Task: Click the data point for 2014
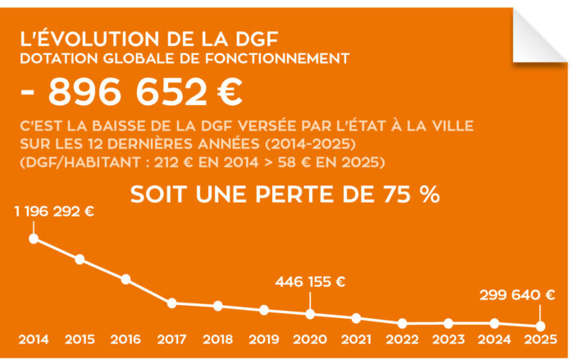[34, 239]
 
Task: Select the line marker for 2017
[172, 303]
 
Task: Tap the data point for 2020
[310, 313]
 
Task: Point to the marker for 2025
[540, 326]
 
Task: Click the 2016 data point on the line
[126, 279]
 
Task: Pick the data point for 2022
[402, 323]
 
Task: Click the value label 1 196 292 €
[54, 211]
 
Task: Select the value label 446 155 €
[310, 281]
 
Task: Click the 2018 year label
[217, 339]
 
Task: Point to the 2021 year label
[356, 339]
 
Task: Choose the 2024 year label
[494, 339]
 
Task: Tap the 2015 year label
[80, 339]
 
